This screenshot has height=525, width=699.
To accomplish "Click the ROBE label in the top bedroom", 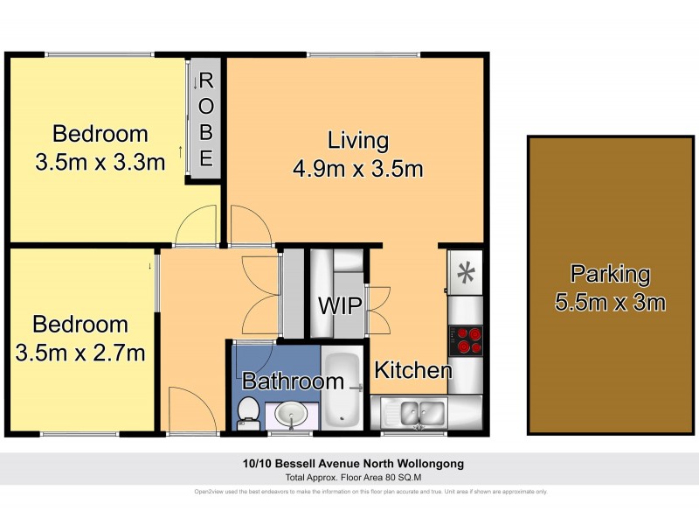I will [206, 120].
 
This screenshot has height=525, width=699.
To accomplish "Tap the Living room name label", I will [357, 140].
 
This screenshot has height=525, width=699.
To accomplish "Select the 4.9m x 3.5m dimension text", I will [357, 168].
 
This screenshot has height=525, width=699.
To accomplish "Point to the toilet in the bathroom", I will [249, 411].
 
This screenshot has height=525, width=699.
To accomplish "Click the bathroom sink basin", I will [290, 413].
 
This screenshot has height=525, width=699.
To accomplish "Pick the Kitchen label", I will [413, 370].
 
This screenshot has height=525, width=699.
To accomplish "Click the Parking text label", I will [610, 274].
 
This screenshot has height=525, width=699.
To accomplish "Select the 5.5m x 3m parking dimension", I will [610, 304].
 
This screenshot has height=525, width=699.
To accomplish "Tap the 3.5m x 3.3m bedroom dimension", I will [100, 162].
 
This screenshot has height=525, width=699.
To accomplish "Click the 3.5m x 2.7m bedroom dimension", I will [80, 353].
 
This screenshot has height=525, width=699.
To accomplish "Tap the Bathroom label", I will [293, 381].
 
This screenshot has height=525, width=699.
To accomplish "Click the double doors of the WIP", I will [378, 307].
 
